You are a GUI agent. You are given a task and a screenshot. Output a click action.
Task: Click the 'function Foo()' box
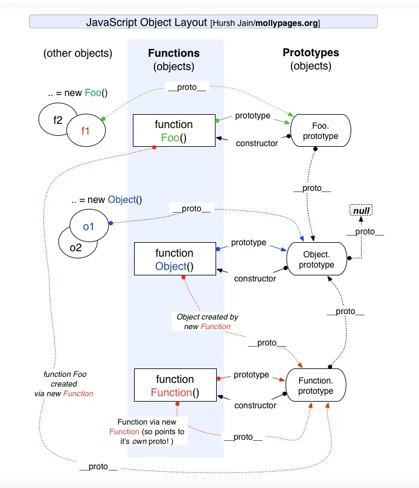(x=174, y=130)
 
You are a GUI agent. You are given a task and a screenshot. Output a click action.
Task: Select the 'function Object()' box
(x=174, y=259)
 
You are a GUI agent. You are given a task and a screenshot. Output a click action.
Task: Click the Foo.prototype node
(x=321, y=130)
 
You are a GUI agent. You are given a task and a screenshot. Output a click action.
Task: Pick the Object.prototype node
(x=317, y=259)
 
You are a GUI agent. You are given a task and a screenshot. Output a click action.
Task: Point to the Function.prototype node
(x=315, y=386)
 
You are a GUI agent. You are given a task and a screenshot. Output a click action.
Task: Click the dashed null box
(x=361, y=211)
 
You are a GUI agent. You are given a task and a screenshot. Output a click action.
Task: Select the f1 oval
(x=85, y=128)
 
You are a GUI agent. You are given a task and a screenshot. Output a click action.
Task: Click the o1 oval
(x=89, y=226)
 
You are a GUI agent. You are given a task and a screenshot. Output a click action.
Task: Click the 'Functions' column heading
(x=174, y=53)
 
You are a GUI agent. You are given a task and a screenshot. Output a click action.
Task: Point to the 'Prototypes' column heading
(x=310, y=53)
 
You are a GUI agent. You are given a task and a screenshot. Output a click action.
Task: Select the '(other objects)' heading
(x=77, y=53)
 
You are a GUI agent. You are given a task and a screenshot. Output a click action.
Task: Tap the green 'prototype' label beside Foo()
(x=252, y=115)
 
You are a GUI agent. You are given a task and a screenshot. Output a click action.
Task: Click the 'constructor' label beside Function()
(x=256, y=405)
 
